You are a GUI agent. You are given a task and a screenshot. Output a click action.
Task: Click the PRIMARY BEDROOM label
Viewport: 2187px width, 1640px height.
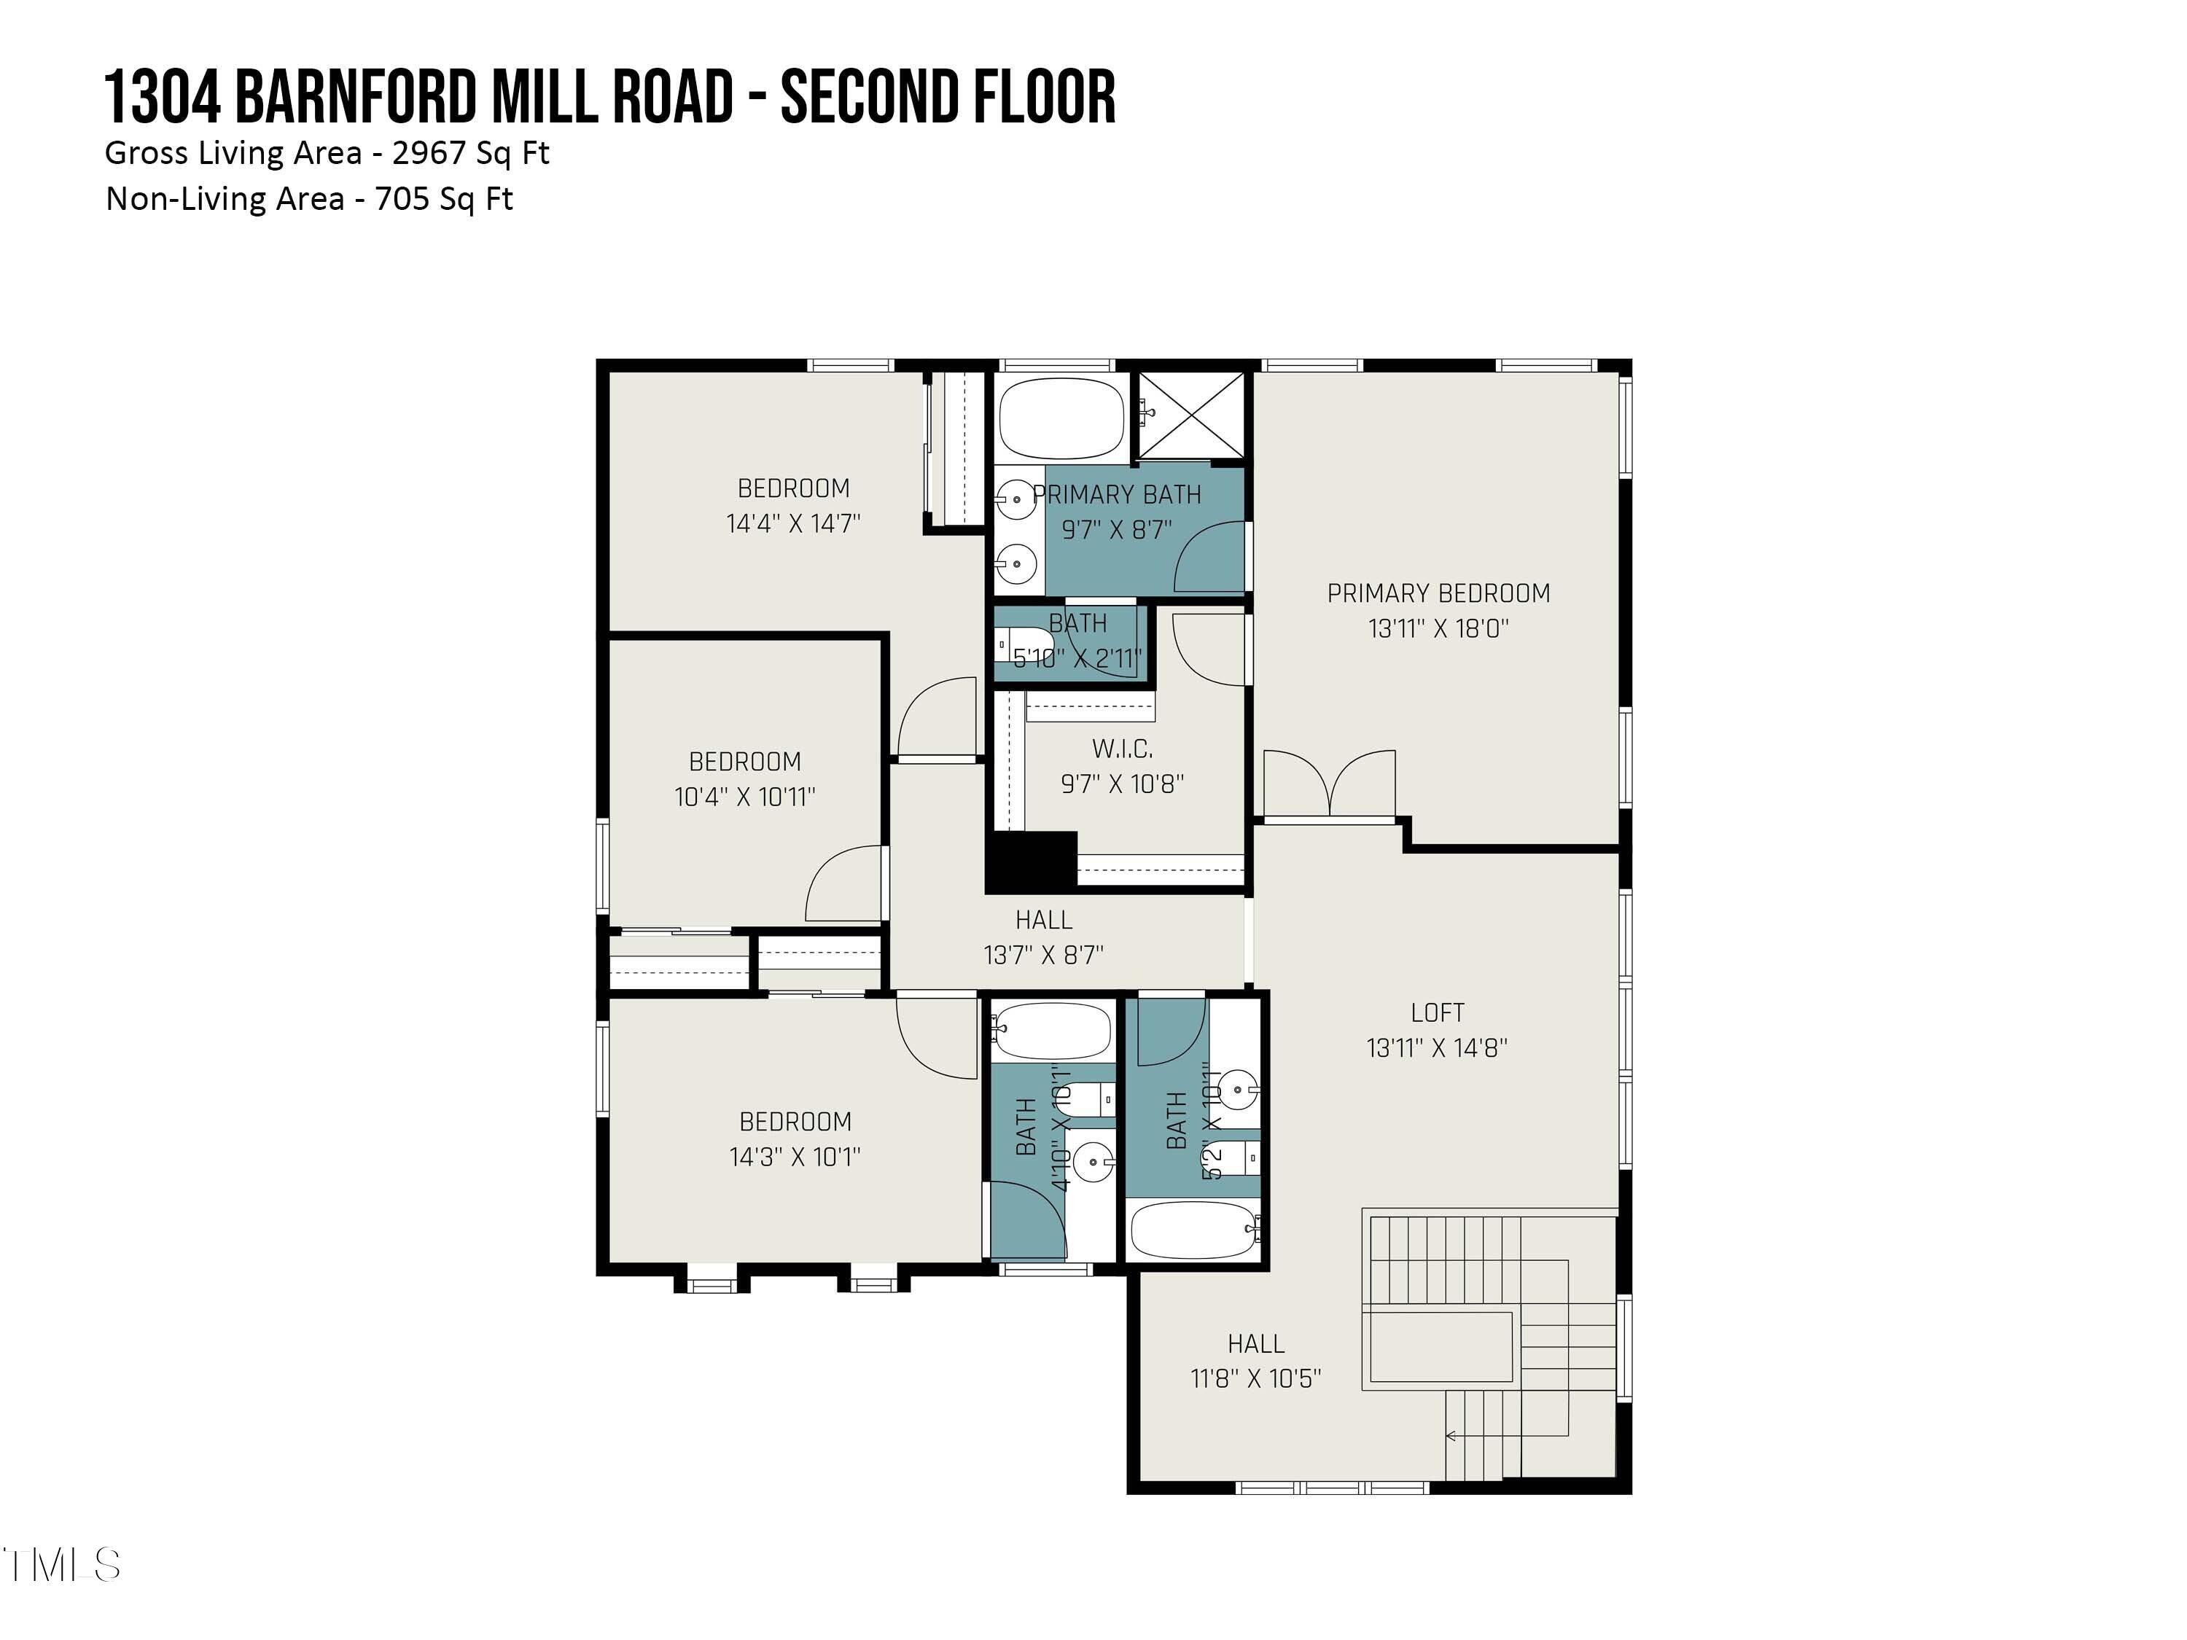[x=1438, y=593]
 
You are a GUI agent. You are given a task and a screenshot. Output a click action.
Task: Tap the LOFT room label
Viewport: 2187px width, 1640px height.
[x=1437, y=1012]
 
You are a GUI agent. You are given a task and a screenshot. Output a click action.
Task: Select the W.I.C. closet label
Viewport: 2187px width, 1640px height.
[x=1122, y=749]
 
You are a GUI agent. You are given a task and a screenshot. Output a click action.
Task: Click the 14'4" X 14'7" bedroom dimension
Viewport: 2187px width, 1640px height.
[x=793, y=524]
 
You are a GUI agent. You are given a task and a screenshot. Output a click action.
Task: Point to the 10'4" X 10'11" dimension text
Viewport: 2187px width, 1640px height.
[x=744, y=797]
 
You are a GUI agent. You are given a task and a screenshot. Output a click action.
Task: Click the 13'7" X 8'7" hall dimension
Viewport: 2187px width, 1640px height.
[x=1043, y=955]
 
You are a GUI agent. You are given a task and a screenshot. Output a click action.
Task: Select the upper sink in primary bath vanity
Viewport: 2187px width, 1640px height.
[x=1015, y=499]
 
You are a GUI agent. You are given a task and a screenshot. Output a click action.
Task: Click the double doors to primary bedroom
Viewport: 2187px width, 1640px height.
[x=1330, y=786]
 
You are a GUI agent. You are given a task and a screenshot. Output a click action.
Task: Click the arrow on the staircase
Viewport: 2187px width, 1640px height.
[x=1452, y=1435]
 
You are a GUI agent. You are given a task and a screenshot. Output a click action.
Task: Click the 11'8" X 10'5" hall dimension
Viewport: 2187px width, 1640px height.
[x=1255, y=1379]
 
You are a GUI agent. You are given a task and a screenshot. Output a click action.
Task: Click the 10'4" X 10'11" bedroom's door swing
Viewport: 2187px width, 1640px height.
[x=843, y=885]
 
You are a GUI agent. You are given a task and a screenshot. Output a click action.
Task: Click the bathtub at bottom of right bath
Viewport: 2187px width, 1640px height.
[x=1193, y=1230]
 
